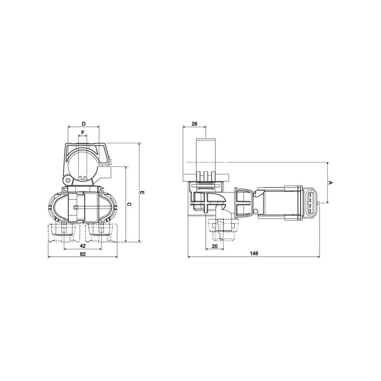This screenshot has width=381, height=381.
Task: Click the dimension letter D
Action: [84, 124]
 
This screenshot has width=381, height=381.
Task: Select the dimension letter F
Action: [82, 133]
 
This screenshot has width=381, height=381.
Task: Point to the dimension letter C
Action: [129, 205]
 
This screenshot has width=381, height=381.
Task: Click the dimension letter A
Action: [330, 182]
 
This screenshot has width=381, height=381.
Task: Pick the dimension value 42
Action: [82, 246]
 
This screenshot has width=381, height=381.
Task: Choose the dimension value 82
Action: [82, 254]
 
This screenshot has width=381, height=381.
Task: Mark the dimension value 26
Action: [194, 124]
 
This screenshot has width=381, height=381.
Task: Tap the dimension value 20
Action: [215, 246]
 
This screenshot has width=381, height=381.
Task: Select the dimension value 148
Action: [254, 253]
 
